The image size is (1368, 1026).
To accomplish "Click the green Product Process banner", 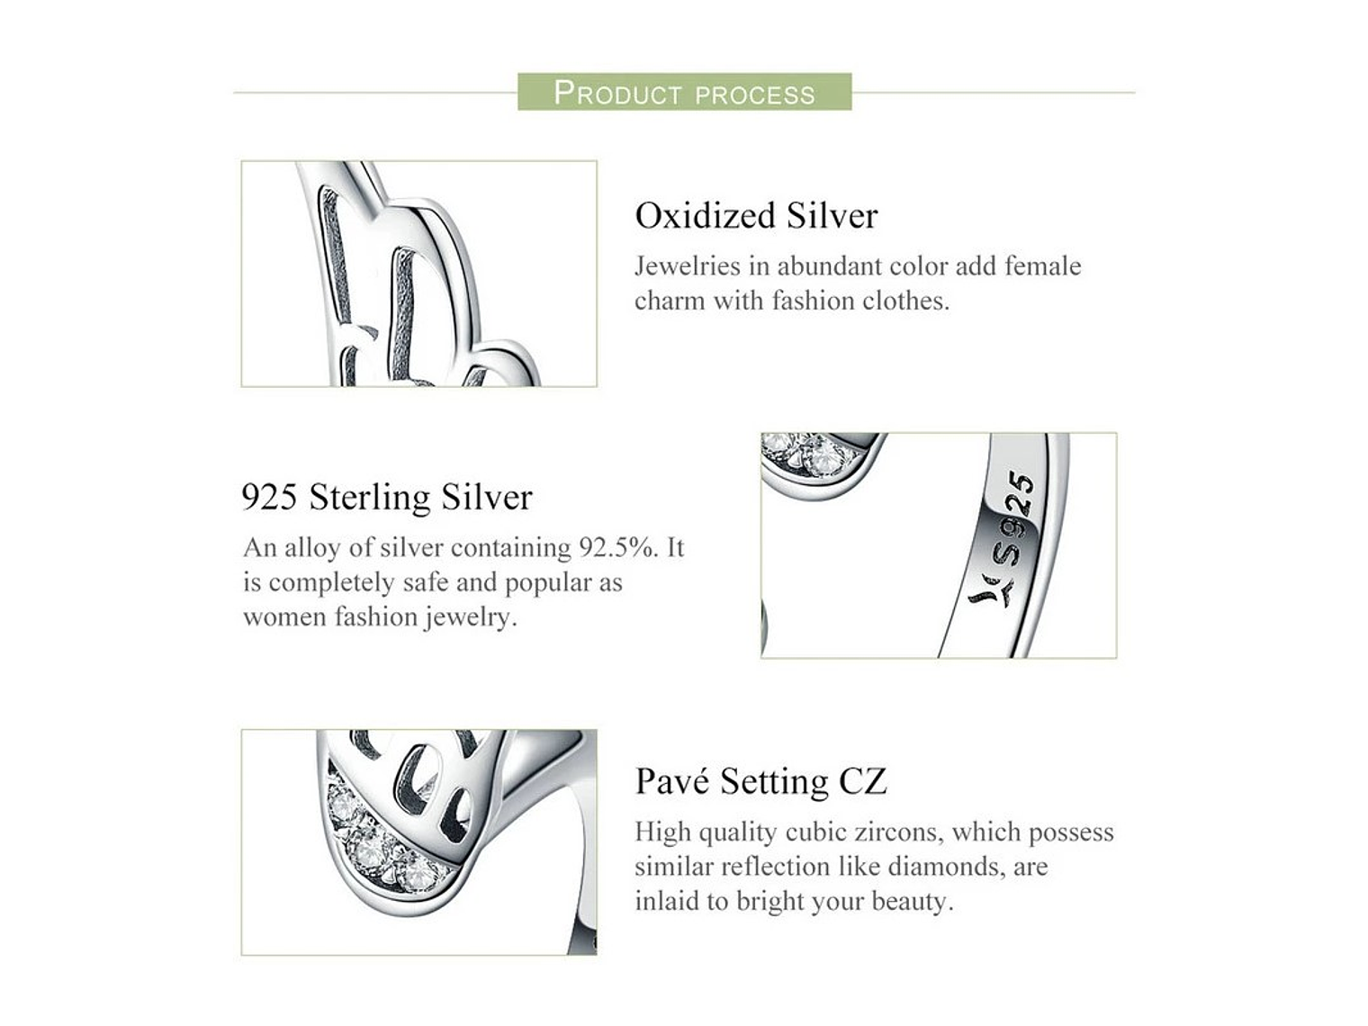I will (684, 93).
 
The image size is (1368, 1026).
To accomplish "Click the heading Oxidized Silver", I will (756, 216).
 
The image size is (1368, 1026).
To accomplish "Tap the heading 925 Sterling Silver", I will (387, 497).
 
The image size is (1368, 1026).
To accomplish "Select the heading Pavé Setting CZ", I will (760, 780).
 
